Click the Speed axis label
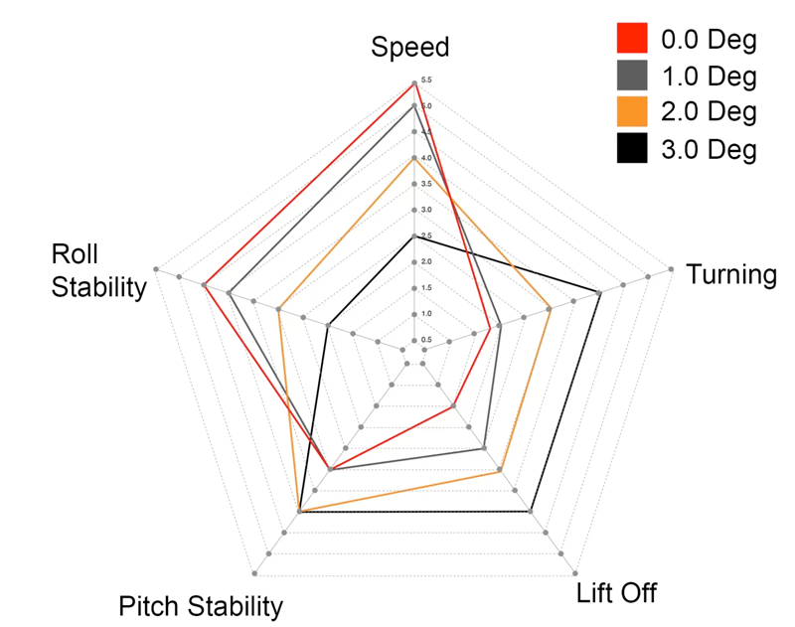tap(410, 48)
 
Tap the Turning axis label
tap(732, 275)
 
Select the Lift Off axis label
tap(617, 594)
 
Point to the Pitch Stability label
tap(201, 606)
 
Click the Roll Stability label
tap(98, 271)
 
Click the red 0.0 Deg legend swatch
tap(632, 41)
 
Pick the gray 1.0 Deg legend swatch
tap(632, 77)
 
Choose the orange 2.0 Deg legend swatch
tap(632, 112)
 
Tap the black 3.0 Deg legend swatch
tap(632, 149)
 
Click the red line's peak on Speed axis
tap(412, 81)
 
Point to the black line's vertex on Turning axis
tap(600, 292)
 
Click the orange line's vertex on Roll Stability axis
tap(279, 310)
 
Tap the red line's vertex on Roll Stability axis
tap(204, 286)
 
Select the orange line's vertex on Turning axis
tap(550, 308)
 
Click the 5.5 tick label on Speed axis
tap(425, 80)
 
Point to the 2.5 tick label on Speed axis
tap(425, 236)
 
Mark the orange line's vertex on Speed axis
tap(412, 158)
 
